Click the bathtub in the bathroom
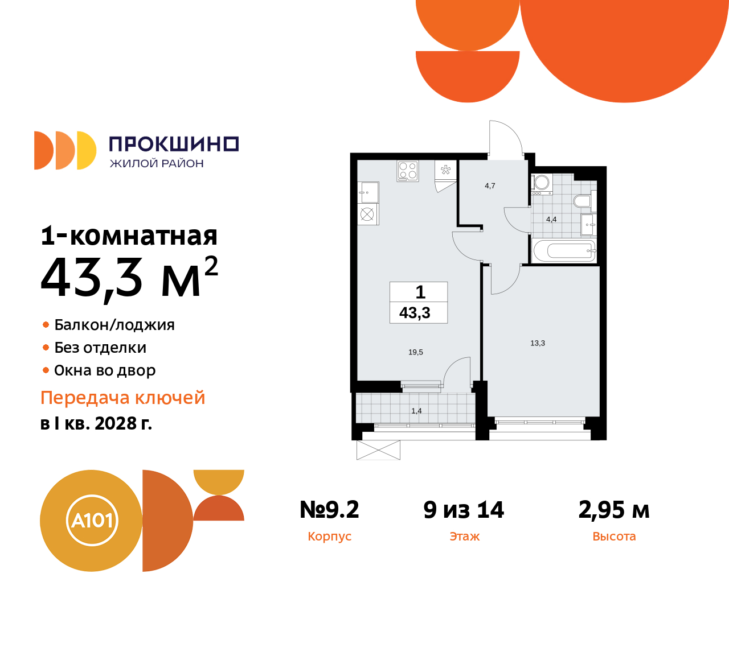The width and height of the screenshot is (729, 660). click(x=564, y=250)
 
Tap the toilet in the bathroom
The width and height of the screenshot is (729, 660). click(x=582, y=201)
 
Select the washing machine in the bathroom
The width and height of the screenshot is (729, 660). click(x=542, y=183)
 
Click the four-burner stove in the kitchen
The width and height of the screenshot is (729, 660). click(x=408, y=171)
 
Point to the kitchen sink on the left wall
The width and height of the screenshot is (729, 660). click(x=368, y=193)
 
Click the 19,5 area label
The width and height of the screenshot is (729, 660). click(x=416, y=352)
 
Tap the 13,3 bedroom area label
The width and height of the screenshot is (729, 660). click(x=538, y=343)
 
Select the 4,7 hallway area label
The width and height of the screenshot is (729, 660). click(x=490, y=186)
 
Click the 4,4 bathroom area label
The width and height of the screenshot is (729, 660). click(x=551, y=219)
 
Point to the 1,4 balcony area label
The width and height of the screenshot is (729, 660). click(x=416, y=411)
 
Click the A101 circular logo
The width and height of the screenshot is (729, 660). click(x=91, y=521)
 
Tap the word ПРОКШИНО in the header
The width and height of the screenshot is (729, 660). click(x=174, y=144)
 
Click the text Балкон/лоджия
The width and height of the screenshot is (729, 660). click(x=114, y=325)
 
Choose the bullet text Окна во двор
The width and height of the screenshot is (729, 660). click(x=105, y=370)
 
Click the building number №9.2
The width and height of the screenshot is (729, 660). click(x=329, y=510)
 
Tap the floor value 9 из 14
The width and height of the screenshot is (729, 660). click(x=464, y=510)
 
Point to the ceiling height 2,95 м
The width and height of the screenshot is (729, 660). click(x=614, y=510)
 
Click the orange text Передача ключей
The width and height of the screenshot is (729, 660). click(x=123, y=398)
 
